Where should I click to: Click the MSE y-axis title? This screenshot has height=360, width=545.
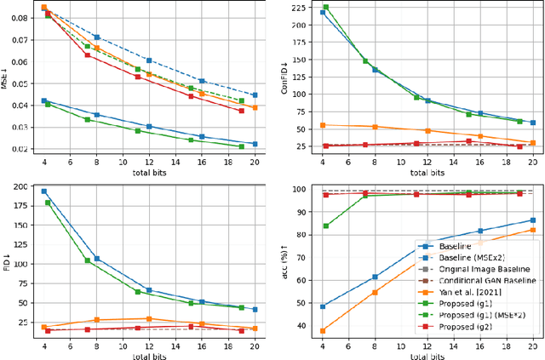pos(5,82)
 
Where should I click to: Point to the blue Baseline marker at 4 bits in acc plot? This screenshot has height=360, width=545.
pos(322,306)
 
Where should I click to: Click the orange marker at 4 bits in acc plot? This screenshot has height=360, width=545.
pos(322,331)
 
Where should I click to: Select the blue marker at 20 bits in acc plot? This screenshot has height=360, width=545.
pos(533,220)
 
